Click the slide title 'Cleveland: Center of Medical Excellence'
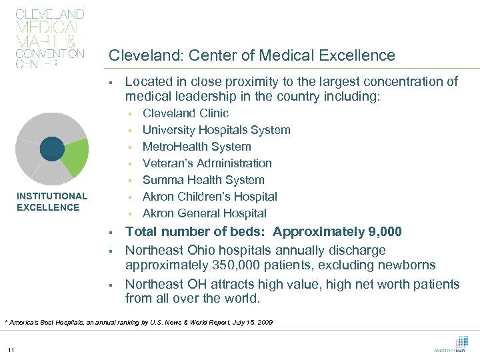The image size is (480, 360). (x=251, y=55)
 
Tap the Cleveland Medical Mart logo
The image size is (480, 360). (x=50, y=39)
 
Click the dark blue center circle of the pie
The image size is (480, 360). (x=52, y=148)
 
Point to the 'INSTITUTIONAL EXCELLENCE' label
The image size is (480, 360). (x=51, y=201)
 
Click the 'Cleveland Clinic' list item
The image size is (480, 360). (x=185, y=113)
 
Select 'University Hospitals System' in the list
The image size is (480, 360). (x=216, y=130)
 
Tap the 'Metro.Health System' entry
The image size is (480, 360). (x=197, y=147)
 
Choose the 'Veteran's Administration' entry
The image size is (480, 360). (x=207, y=163)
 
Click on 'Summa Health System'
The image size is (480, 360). (x=203, y=180)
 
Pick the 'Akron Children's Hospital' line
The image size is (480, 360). (x=209, y=197)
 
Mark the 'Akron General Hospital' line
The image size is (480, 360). (x=204, y=213)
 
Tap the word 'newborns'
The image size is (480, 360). (x=408, y=265)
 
